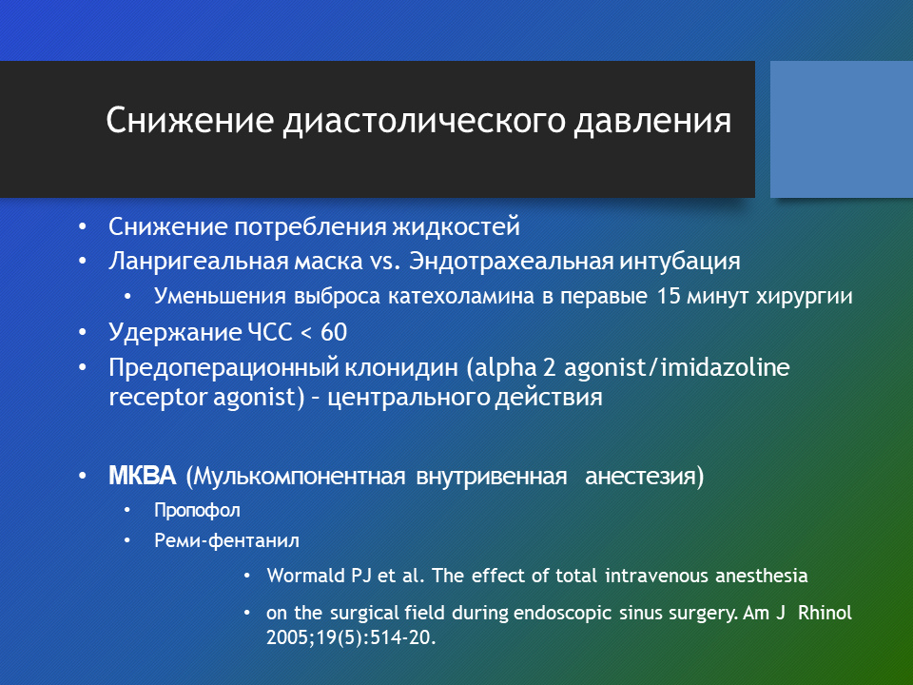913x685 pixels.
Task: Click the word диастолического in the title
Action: [424, 122]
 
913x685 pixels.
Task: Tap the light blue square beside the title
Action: [842, 129]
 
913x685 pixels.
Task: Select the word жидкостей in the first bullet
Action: [456, 226]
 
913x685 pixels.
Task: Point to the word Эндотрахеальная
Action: [511, 261]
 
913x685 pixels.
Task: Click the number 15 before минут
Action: [669, 296]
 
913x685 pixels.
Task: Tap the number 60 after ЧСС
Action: [334, 333]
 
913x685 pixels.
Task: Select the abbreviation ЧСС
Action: [269, 333]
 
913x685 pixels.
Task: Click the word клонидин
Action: [401, 368]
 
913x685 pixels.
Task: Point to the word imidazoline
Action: [726, 367]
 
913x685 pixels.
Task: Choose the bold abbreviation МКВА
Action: [142, 476]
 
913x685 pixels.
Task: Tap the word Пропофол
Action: [197, 511]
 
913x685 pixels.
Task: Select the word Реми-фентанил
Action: [226, 541]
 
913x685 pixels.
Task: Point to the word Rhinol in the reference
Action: [825, 613]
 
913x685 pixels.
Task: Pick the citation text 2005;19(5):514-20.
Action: [351, 637]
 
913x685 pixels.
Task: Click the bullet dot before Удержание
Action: [83, 333]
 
